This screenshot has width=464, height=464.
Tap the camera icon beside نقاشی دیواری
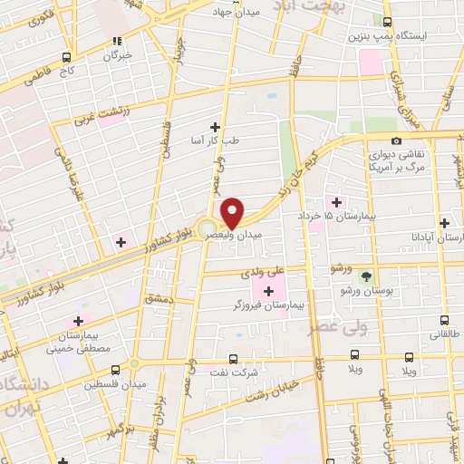396,140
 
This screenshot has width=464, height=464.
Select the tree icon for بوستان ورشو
367,275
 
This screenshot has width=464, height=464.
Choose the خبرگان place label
117,55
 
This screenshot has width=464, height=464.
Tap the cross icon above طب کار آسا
215,127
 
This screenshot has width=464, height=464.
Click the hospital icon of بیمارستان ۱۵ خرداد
336,202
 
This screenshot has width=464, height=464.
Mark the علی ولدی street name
264,270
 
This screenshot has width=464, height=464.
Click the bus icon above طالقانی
444,319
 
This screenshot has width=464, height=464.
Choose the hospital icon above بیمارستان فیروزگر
267,290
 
